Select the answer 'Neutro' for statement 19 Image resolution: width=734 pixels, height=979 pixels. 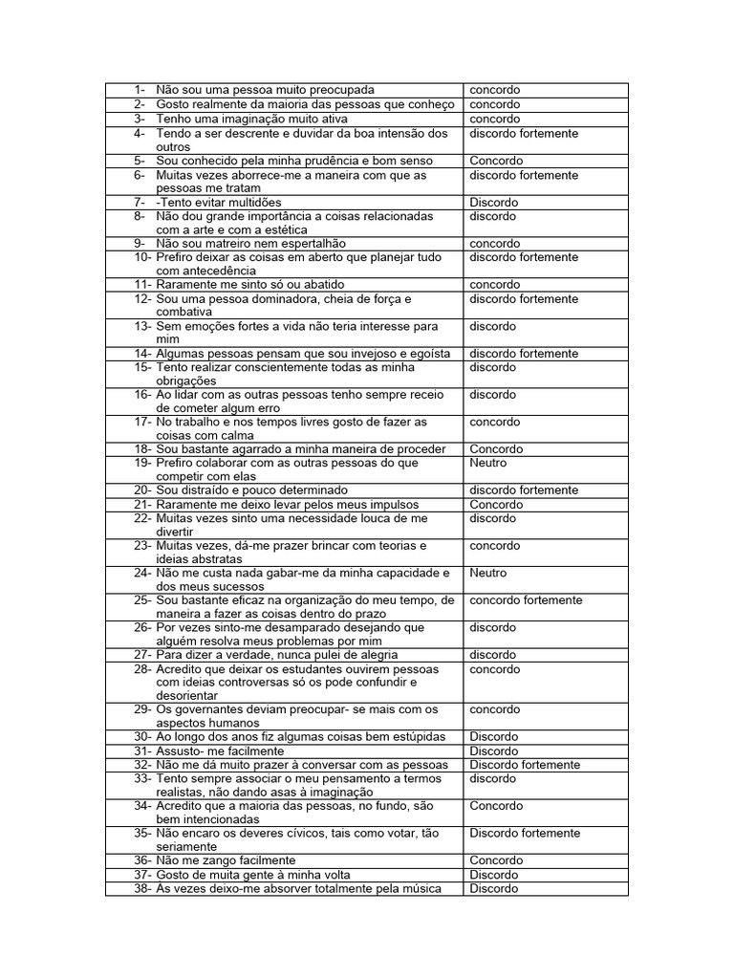click(x=487, y=463)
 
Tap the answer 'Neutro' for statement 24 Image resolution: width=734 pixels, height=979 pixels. click(x=487, y=574)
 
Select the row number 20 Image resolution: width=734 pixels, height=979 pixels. click(x=142, y=490)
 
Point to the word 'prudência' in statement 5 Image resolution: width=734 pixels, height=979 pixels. click(x=300, y=161)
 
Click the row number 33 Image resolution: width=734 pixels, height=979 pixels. click(x=142, y=778)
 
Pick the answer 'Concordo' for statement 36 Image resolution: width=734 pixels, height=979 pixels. click(x=496, y=860)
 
